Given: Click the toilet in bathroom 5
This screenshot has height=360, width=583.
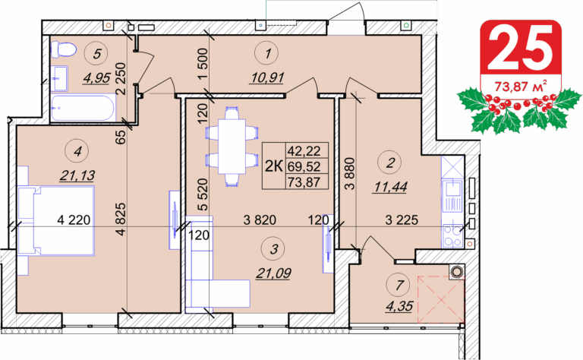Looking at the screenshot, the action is pos(64,49).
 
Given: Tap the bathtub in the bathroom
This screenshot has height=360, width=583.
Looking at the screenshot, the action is pos(84,108).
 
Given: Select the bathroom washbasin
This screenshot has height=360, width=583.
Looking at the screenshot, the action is pos(59,78).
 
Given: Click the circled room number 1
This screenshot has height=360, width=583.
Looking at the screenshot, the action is pos(267,54).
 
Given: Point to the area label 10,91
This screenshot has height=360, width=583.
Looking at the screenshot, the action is pos(268,77).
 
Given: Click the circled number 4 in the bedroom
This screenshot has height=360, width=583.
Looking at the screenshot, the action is pos(77,151).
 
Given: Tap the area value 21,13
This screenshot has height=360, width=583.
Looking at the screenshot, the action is pos(77,175).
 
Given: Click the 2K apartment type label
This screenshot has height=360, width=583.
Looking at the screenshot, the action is pos(273,166).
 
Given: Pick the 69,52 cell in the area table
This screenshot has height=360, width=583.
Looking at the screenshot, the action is pos(304,166).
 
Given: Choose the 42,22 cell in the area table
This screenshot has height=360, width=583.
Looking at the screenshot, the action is pos(304,150).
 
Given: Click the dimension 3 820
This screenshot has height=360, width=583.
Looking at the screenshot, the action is pos(260,220).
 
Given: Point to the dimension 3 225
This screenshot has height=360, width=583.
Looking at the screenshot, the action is pos(402,220).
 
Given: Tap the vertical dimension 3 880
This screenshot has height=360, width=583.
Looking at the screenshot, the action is pos(350,174).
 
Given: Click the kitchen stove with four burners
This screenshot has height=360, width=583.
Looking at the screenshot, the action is pos(453,236).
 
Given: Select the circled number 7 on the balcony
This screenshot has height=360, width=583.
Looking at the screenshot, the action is pos(399,286).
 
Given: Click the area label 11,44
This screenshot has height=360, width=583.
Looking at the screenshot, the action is pos(390,187).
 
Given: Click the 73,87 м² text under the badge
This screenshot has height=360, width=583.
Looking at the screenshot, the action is pos(520,87).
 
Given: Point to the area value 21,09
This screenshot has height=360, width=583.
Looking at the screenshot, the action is pos(273,273).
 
